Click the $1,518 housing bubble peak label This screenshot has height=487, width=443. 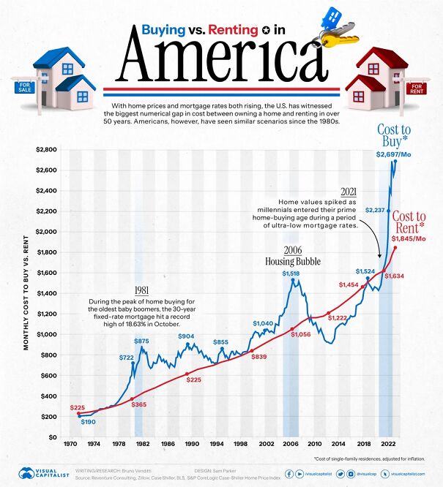pyautogui.click(x=291, y=273)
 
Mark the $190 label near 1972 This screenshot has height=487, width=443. pyautogui.click(x=89, y=422)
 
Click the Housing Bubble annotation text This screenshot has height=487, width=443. pyautogui.click(x=293, y=260)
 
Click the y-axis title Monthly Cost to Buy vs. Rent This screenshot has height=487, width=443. pyautogui.click(x=26, y=292)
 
